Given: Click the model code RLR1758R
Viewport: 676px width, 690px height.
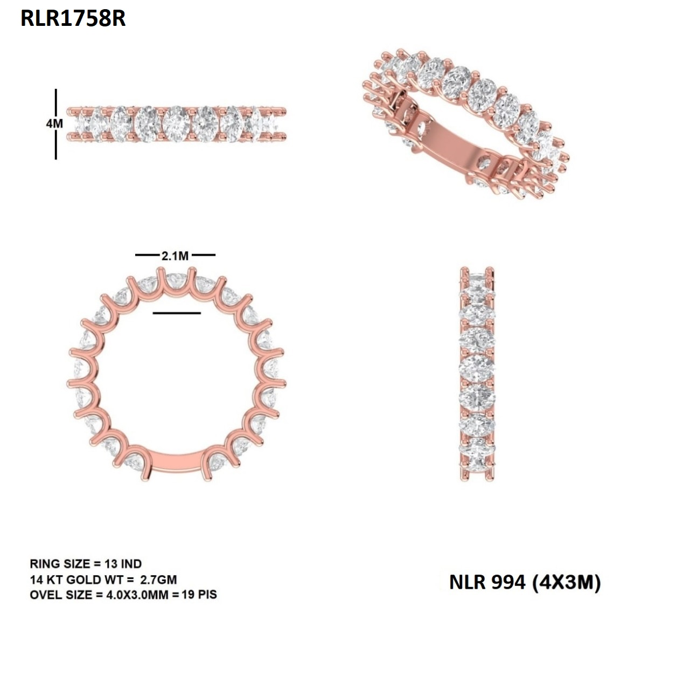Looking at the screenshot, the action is (73, 18).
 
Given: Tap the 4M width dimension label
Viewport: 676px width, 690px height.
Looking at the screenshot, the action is (54, 123).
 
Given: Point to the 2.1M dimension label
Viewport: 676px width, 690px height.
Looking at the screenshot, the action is (175, 256).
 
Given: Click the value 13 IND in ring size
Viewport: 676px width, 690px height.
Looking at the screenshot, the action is (123, 564).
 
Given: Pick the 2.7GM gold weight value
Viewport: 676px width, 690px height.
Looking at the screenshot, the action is (158, 579).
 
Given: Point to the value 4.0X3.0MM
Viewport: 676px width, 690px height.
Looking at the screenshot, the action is (137, 595).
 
